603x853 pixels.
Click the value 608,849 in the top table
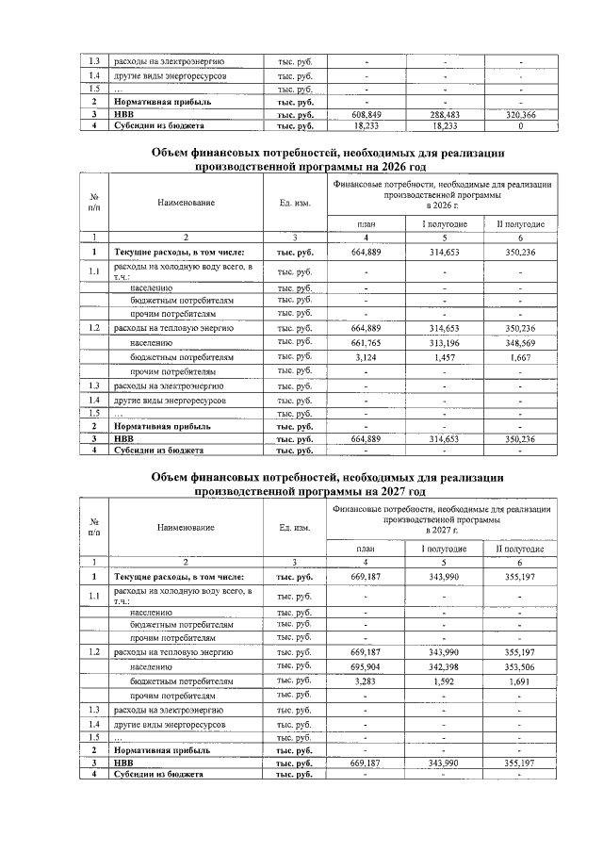click(x=366, y=113)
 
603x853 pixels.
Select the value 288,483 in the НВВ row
click(x=442, y=113)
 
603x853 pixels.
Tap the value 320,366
click(x=520, y=113)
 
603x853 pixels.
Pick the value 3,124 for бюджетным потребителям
click(x=366, y=357)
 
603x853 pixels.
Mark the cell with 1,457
click(x=442, y=357)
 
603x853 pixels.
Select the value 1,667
click(x=520, y=357)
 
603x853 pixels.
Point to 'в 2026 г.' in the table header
click(x=442, y=205)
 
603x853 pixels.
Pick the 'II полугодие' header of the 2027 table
click(x=520, y=548)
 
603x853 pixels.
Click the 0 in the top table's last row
click(x=520, y=124)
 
